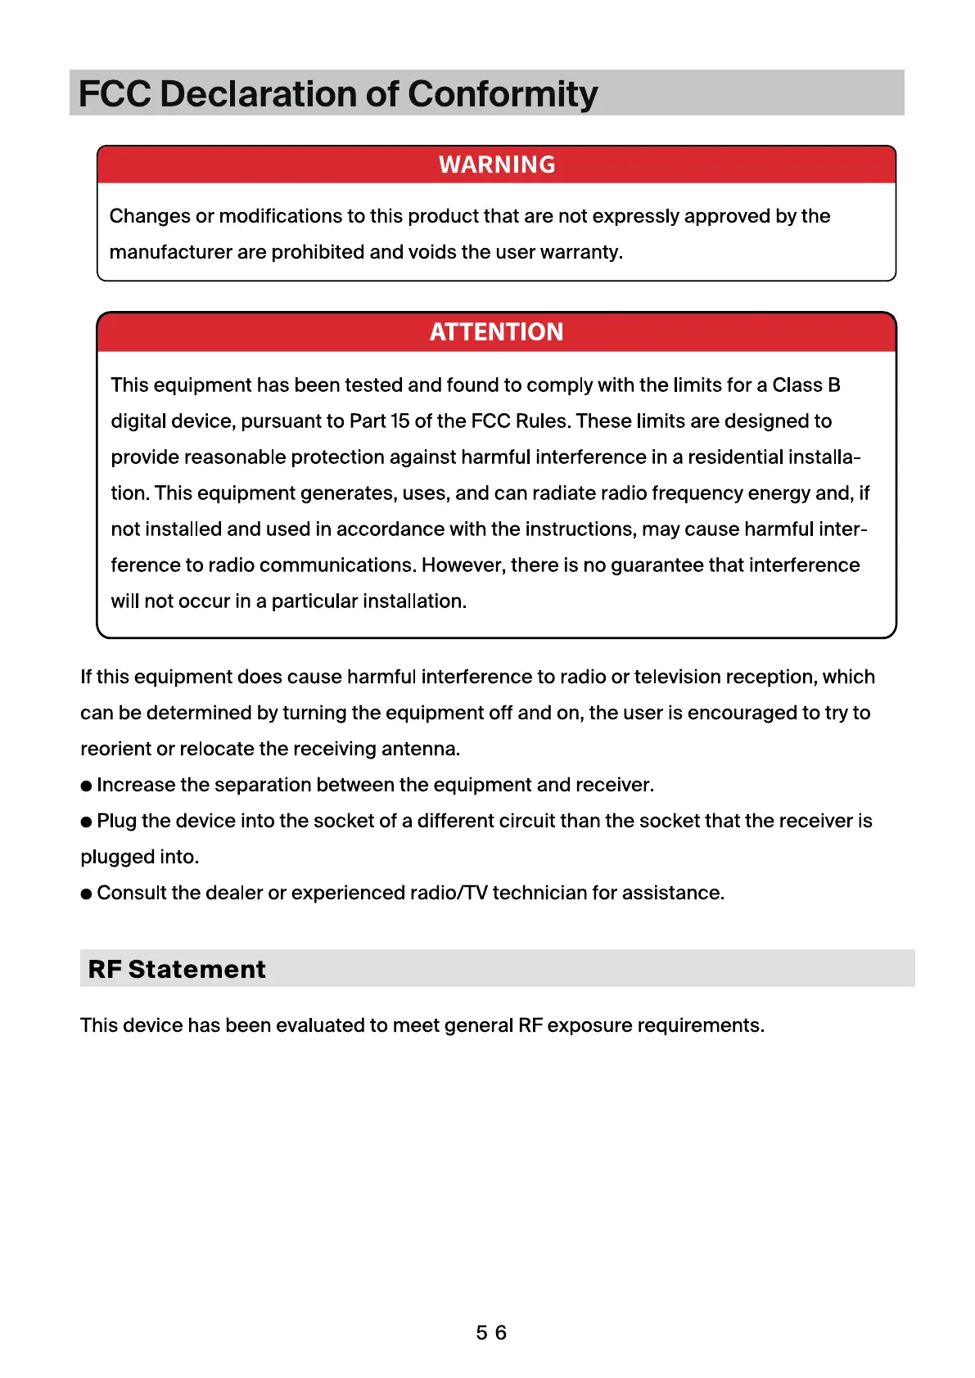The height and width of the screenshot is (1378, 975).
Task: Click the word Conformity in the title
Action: coord(503,95)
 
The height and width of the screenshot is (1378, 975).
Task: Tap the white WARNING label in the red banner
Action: coord(497,164)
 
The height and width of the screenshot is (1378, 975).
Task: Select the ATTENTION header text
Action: coord(496,331)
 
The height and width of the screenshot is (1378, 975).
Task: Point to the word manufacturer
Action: coord(171,252)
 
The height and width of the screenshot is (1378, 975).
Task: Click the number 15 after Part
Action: coord(400,421)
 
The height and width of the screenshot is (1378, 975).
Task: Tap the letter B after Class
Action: coord(834,385)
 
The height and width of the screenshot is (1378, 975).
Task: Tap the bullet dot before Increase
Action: coord(86,786)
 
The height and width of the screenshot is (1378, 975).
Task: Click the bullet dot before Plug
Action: coord(86,822)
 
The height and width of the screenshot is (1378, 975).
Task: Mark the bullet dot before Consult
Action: coord(86,894)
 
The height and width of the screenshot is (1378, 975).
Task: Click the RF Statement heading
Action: coord(177,969)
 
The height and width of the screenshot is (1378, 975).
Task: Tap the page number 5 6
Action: coord(491,1333)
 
